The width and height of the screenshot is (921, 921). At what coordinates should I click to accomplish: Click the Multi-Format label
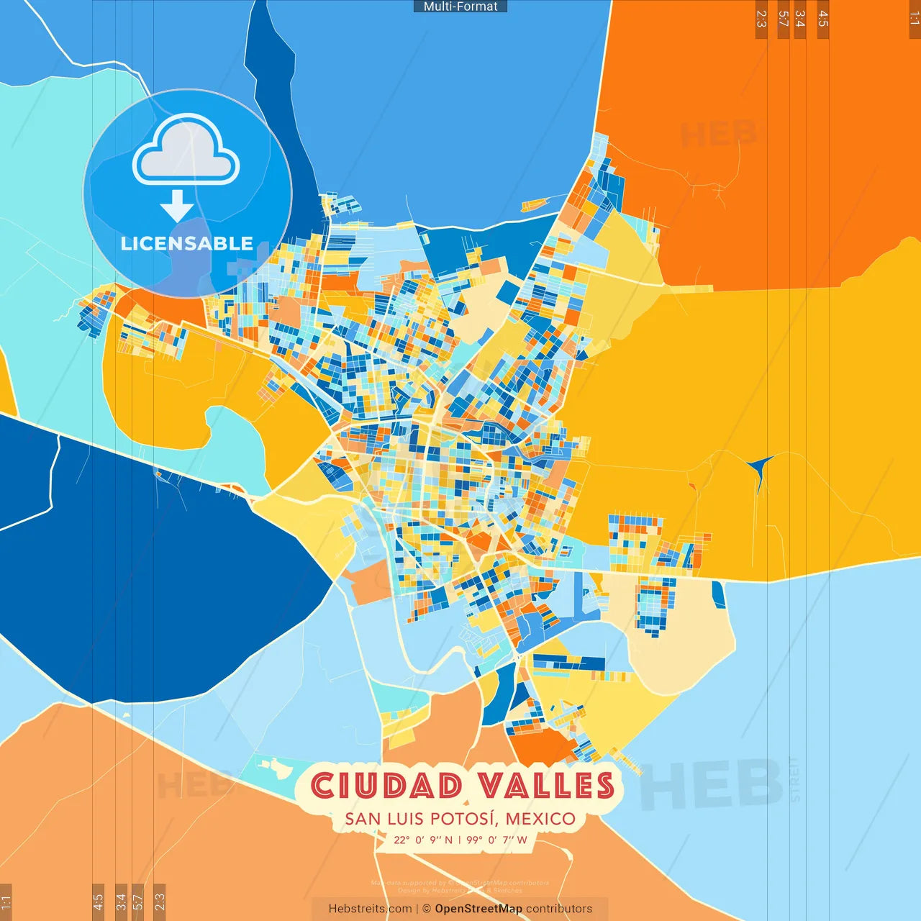460,6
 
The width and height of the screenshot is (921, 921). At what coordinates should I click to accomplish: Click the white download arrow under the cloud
177,206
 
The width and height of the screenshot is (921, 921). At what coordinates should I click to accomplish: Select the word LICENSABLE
187,243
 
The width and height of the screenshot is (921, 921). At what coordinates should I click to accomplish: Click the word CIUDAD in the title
386,786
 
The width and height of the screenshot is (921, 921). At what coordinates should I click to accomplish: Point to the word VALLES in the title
545,786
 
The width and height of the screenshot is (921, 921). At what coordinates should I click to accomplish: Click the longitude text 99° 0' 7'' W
496,840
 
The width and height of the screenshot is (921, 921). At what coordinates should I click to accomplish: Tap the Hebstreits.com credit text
370,909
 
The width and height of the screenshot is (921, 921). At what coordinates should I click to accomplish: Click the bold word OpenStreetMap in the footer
478,909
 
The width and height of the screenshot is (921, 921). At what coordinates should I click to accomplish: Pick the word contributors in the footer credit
559,909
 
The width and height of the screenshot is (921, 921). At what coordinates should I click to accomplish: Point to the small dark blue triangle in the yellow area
760,468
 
